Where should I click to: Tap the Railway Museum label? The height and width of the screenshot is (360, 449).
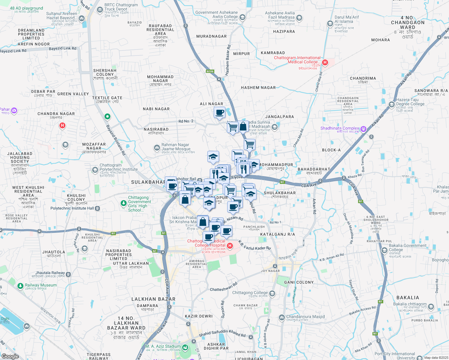tap(41, 285)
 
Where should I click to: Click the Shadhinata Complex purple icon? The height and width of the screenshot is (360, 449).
tap(363, 129)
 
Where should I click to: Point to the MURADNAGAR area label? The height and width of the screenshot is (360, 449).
tap(211, 36)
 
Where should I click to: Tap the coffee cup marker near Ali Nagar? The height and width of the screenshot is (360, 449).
tap(220, 113)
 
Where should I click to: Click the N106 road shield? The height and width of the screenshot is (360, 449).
tap(210, 71)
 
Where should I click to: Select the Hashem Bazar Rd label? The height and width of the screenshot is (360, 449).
tap(228, 60)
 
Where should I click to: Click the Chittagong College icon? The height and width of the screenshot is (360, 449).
tap(272, 293)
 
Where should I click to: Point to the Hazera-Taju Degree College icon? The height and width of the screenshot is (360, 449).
tap(391, 104)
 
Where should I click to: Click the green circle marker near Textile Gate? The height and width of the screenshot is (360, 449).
tap(107, 116)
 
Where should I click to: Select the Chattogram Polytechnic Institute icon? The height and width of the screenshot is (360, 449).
tap(95, 170)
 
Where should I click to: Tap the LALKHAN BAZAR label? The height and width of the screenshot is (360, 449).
tap(153, 299)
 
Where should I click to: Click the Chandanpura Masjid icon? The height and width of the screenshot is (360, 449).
tap(282, 317)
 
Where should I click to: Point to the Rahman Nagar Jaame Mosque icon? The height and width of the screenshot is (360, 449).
tap(157, 148)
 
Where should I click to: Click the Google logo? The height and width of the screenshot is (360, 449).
tap(10, 356)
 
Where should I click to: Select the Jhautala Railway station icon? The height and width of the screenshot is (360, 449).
tap(68, 274)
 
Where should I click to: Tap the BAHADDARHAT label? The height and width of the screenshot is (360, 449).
tap(314, 169)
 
